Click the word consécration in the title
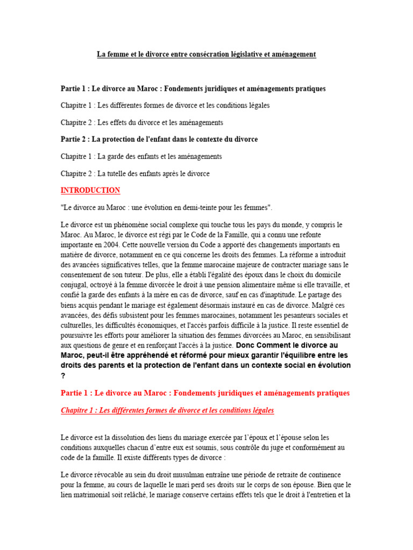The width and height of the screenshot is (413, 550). tap(203, 54)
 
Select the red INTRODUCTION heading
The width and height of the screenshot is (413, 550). tap(90, 191)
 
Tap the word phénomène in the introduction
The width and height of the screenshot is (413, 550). tap(123, 225)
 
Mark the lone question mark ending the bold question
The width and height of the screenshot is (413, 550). tap(63, 376)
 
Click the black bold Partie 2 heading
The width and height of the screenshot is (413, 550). tap(159, 139)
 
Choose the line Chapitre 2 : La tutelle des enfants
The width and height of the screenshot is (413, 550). tap(135, 173)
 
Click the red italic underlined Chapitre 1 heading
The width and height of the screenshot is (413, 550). tap(167, 410)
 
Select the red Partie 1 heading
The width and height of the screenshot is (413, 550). tap(205, 393)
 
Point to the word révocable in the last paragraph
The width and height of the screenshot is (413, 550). tap(106, 475)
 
